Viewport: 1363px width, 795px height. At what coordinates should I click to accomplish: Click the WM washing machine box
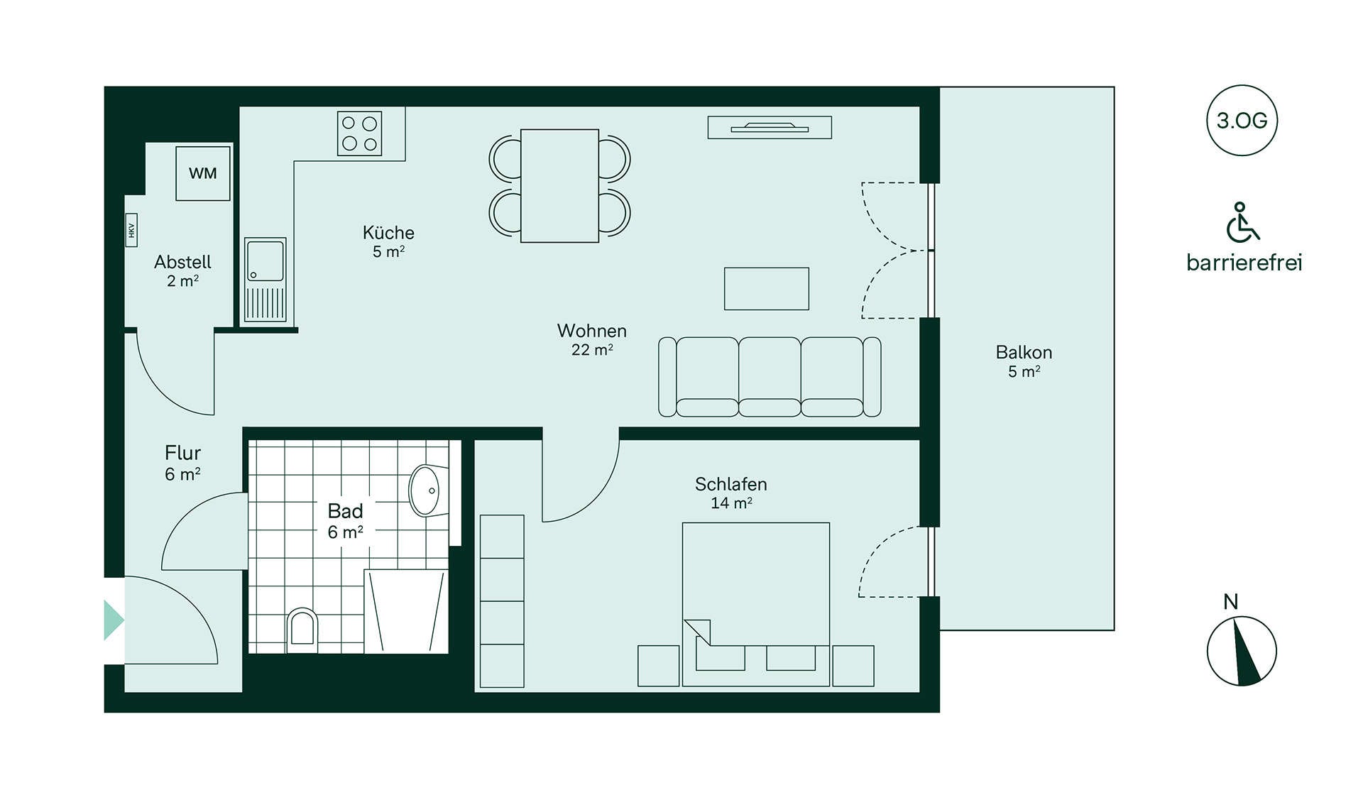[203, 173]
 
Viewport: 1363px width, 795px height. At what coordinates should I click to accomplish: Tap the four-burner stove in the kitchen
[359, 133]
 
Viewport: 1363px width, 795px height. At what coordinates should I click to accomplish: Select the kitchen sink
[266, 280]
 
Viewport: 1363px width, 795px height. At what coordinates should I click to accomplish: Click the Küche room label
[388, 233]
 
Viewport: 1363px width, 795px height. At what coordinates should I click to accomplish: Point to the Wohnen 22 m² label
[592, 340]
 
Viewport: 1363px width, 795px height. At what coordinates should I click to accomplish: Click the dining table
[559, 186]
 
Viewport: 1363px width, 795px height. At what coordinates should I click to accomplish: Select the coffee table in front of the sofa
[767, 289]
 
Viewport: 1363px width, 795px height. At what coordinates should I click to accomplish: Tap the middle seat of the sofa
[770, 377]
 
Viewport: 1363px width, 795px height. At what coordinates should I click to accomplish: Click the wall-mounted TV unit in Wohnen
[770, 128]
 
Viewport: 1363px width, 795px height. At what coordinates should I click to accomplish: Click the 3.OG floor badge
[1242, 121]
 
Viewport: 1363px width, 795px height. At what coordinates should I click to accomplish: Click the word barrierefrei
[1244, 263]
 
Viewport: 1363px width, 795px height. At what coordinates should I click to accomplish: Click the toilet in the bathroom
[302, 630]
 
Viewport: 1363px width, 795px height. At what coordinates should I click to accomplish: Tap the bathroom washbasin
[427, 490]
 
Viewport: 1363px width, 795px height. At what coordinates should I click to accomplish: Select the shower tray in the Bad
[406, 611]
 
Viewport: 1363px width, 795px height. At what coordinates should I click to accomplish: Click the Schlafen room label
[731, 484]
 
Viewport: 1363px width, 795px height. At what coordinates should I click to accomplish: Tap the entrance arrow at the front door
[114, 620]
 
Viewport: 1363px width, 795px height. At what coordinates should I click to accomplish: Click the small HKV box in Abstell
[131, 230]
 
